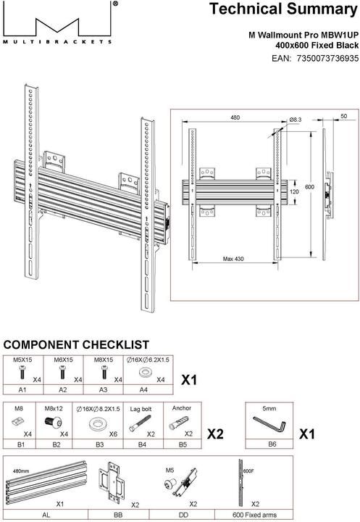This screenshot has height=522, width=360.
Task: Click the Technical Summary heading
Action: click(283, 10)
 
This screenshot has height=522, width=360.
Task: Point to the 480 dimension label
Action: click(235, 117)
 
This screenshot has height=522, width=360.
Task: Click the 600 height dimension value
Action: click(310, 187)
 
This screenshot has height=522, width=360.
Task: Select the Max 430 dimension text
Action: click(234, 259)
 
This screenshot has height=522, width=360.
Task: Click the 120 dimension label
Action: click(293, 192)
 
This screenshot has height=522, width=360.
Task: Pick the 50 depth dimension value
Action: click(343, 117)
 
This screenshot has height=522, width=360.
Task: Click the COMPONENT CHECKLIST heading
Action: click(77, 344)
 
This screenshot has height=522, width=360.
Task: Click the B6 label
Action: click(272, 443)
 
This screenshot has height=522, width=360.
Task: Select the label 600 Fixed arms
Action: click(255, 514)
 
